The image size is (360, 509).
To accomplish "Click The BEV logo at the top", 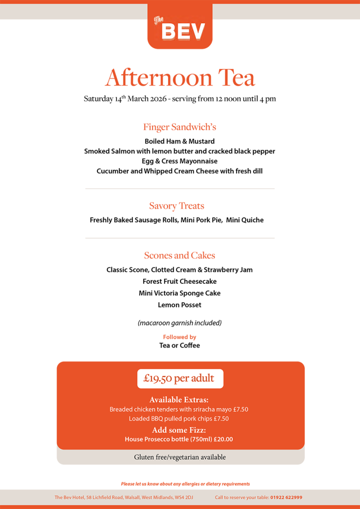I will (180, 27).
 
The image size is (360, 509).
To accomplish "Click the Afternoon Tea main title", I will (180, 78).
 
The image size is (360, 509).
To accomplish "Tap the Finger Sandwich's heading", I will (180, 127).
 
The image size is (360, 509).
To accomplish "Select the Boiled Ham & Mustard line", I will (180, 141).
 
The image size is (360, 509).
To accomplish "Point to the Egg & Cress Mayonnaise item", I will (180, 161).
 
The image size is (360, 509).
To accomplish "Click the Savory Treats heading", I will (177, 206).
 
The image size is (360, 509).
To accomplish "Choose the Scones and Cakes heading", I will (180, 255).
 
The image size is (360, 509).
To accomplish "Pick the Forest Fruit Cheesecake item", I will (180, 281).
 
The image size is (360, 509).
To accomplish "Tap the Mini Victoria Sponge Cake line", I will (180, 293).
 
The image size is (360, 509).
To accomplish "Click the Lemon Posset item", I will (180, 305).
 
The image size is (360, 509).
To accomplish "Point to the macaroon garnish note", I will (180, 323).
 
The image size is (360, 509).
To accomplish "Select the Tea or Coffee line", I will (180, 345).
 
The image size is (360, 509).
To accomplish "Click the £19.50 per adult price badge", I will (180, 379).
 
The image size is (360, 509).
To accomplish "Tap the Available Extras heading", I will (179, 400).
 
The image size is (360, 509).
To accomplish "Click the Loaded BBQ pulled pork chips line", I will (179, 419).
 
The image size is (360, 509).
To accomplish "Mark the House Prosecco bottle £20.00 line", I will (179, 439).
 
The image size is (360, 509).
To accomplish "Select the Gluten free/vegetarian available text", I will (180, 457).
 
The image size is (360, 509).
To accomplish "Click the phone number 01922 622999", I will (286, 497).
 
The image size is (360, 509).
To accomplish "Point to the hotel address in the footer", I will (124, 497).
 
